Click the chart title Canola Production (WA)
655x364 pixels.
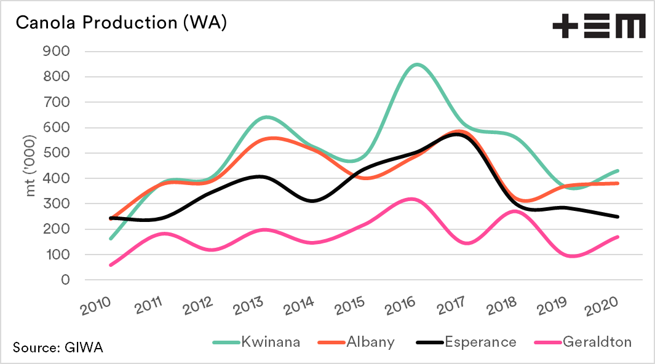tap(121, 23)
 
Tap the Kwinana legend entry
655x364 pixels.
tap(256, 342)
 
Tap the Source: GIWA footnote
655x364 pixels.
tap(58, 347)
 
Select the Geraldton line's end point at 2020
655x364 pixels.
tap(617, 237)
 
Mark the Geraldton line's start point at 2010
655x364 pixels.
tap(111, 265)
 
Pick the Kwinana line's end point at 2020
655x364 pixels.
tap(617, 171)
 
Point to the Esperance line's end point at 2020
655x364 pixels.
tap(617, 216)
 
